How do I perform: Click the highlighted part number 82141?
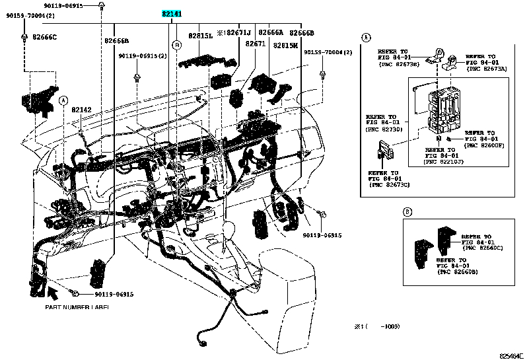pyautogui.click(x=172, y=14)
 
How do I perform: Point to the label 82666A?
pyautogui.click(x=271, y=32)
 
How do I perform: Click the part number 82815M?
pyautogui.click(x=285, y=46)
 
